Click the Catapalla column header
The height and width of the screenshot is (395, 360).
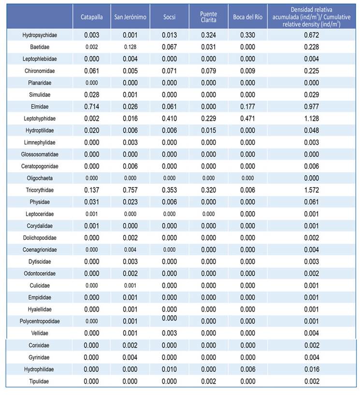[x=92, y=17]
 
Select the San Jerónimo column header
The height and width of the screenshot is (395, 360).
[x=130, y=17]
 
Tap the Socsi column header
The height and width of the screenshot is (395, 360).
[x=169, y=17]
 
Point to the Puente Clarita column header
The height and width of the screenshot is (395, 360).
[x=208, y=17]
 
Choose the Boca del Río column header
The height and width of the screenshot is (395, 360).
[x=248, y=17]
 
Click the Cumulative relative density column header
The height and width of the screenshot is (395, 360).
[x=311, y=17]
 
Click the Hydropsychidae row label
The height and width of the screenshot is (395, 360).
[x=40, y=35]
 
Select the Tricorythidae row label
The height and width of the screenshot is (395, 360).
[x=40, y=190]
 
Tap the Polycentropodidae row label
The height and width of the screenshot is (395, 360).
[x=40, y=321]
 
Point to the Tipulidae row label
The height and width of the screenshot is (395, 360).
[x=39, y=381]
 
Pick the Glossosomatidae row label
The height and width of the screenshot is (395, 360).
[x=40, y=154]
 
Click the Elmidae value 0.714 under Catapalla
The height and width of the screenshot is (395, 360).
[x=92, y=106]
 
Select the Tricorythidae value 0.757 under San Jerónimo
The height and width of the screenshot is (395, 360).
[x=130, y=190]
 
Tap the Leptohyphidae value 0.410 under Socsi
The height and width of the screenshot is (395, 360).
[x=169, y=118]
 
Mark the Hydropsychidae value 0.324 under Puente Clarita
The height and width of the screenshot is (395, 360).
[x=208, y=35]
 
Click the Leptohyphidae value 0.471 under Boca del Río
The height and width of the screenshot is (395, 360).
[x=248, y=118]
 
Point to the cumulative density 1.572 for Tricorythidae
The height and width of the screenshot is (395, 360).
[x=311, y=190]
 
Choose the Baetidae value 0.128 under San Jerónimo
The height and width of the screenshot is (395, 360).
[x=130, y=47]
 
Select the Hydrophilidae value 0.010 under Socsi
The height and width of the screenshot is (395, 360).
[x=169, y=369]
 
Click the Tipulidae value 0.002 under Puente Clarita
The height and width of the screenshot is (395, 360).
[x=208, y=381]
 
